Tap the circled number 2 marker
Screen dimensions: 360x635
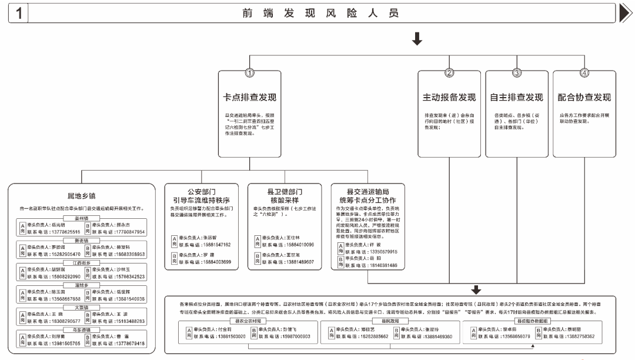449,73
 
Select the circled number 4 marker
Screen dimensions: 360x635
584,73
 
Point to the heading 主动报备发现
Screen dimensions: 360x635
449,96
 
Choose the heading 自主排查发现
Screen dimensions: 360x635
517,96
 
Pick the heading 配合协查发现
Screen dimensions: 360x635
584,96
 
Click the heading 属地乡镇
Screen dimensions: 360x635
82,196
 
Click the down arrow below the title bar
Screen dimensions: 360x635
417,39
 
